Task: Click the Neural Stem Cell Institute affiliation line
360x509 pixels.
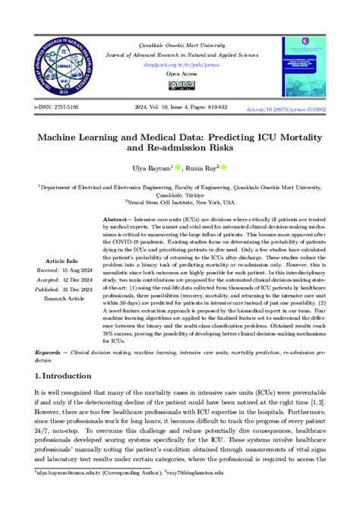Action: click(x=180, y=203)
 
